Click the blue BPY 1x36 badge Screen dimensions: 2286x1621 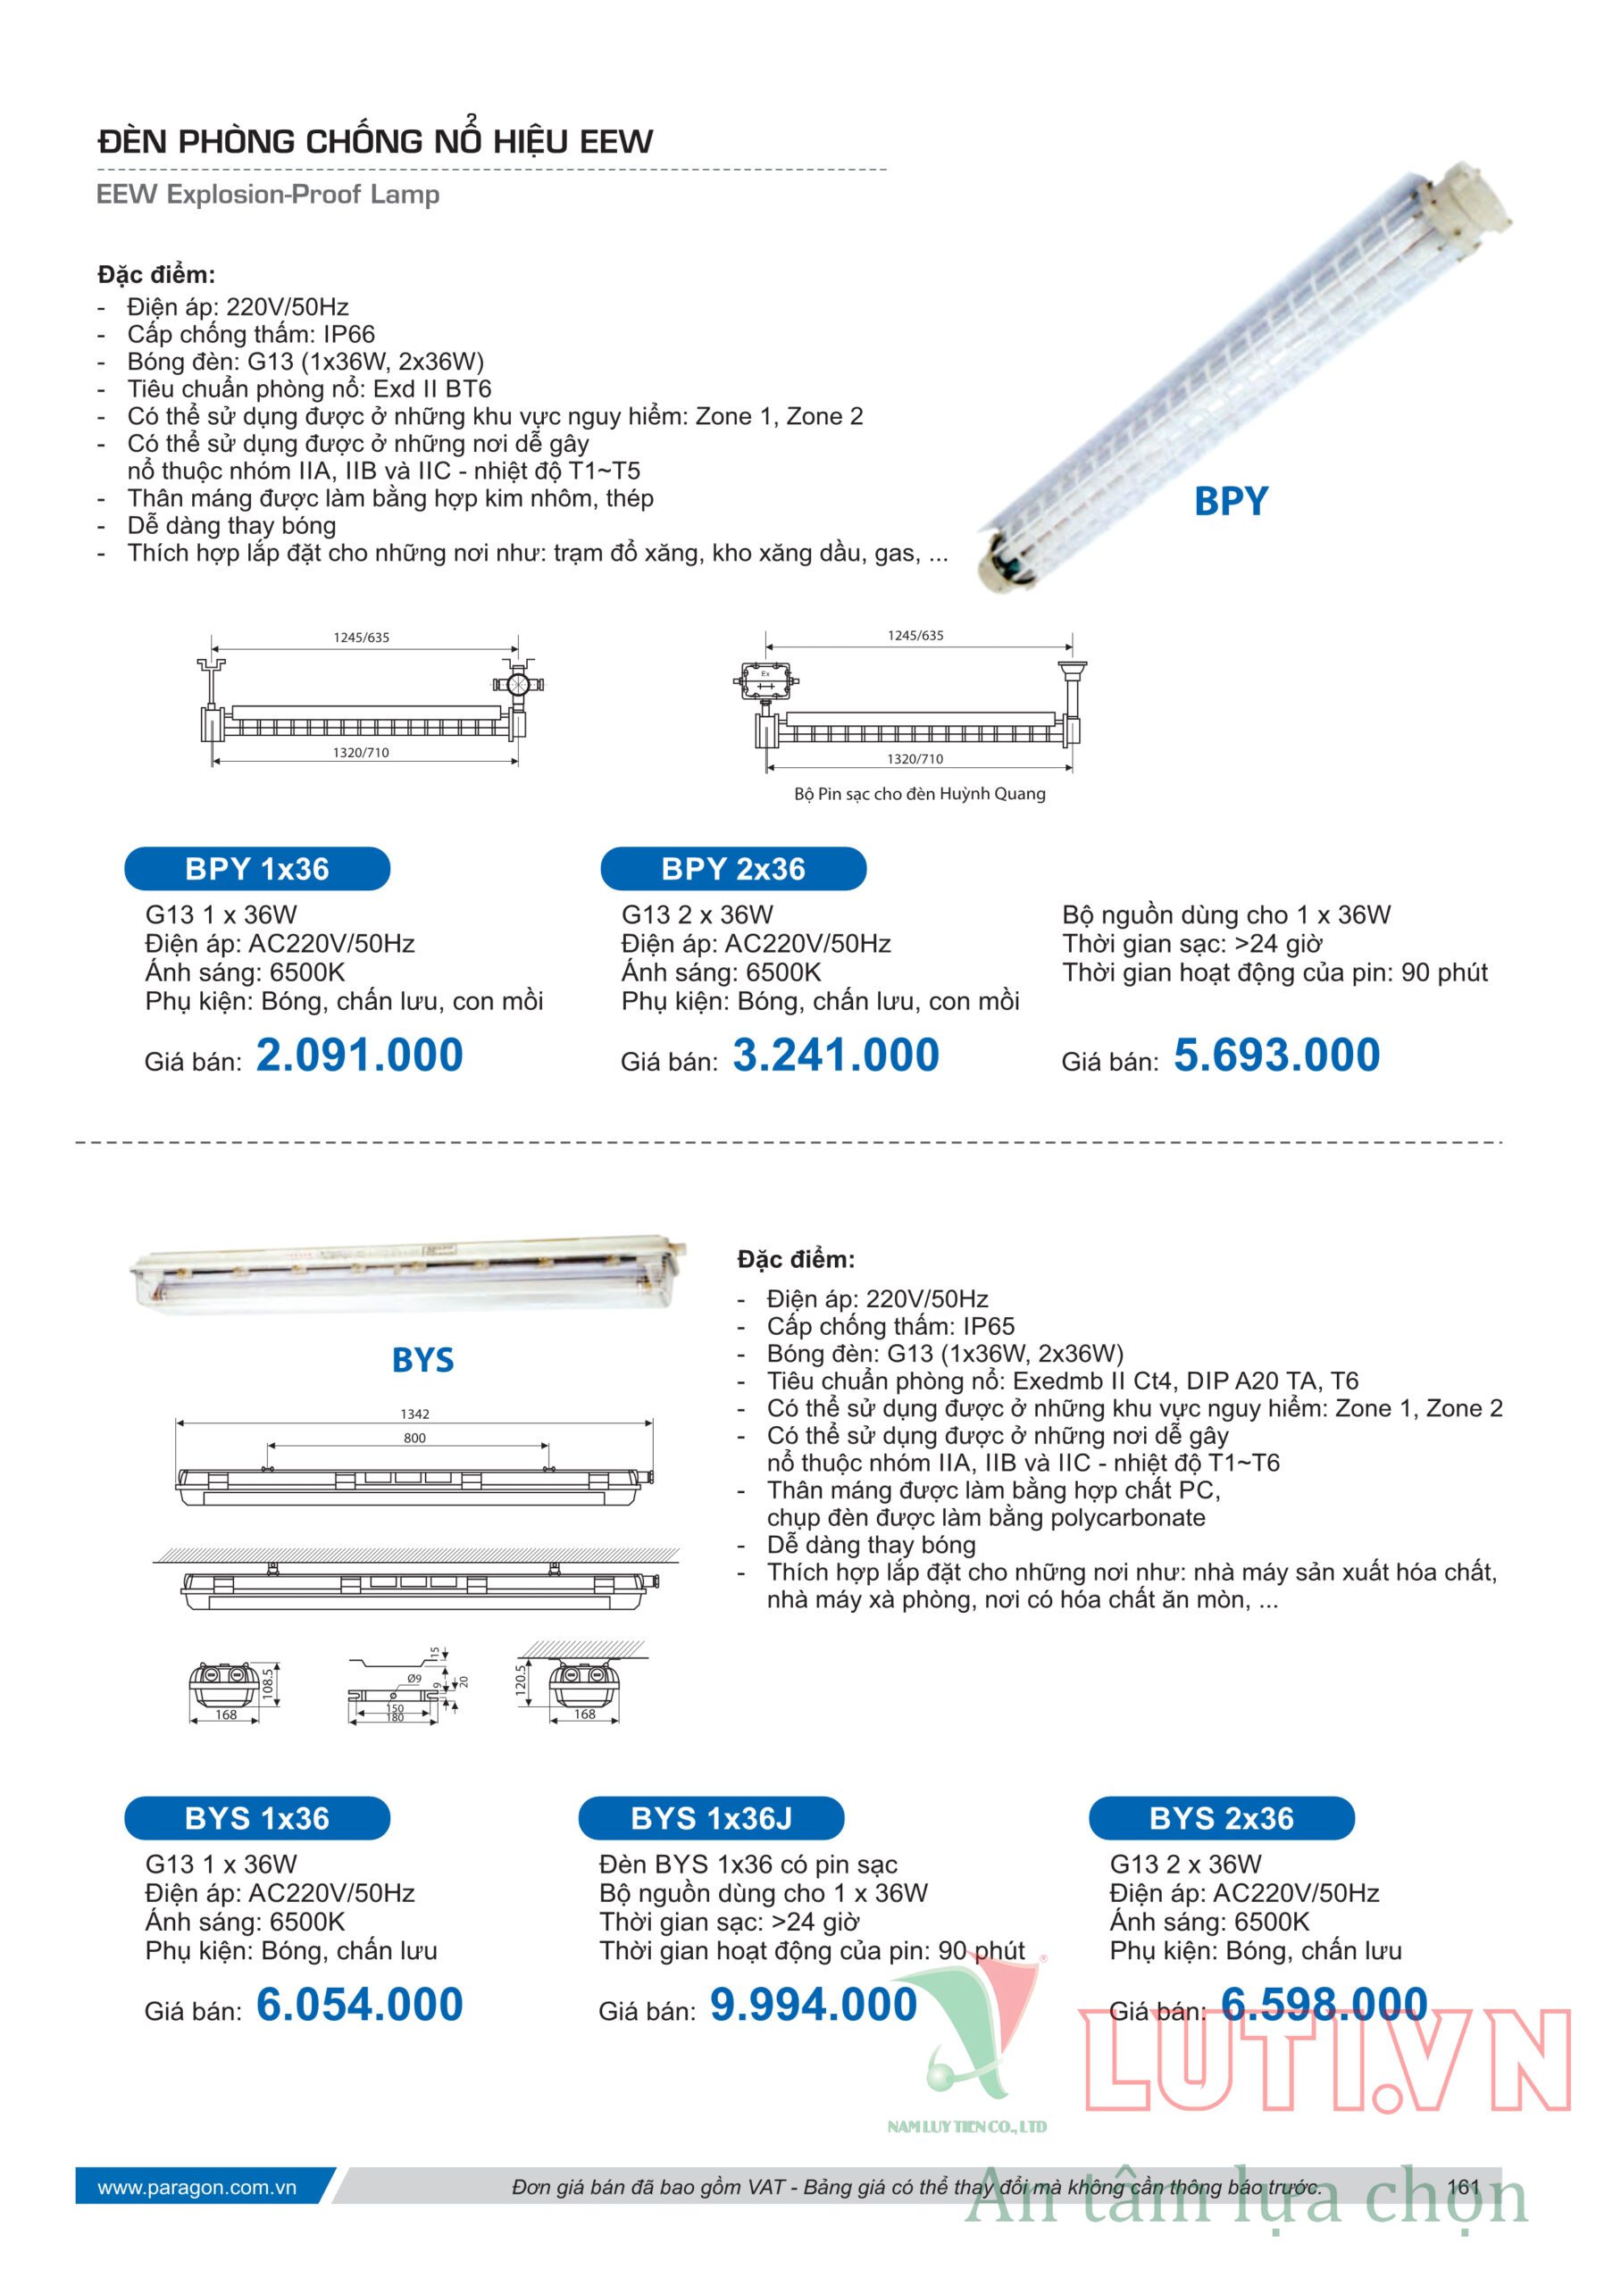click(x=256, y=868)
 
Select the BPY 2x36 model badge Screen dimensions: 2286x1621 click(x=732, y=868)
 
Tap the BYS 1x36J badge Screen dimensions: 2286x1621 click(x=711, y=1818)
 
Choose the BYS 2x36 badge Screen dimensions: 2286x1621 click(x=1221, y=1818)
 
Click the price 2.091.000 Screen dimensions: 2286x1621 click(x=359, y=1055)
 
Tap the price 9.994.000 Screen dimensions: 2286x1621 click(x=814, y=2005)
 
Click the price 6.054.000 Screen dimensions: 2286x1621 click(x=359, y=2005)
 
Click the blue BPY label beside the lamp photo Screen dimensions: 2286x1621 click(x=1231, y=501)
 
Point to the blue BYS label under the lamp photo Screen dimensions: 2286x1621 click(x=422, y=1360)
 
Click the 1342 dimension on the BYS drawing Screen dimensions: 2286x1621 click(x=414, y=1414)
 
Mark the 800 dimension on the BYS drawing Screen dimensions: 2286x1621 click(x=414, y=1438)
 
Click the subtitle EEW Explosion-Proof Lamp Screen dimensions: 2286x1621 click(x=268, y=195)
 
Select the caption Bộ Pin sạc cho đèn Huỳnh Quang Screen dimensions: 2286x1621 click(x=919, y=794)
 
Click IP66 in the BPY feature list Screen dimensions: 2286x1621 click(x=348, y=334)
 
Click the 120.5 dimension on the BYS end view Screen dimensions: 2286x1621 click(x=520, y=1680)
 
